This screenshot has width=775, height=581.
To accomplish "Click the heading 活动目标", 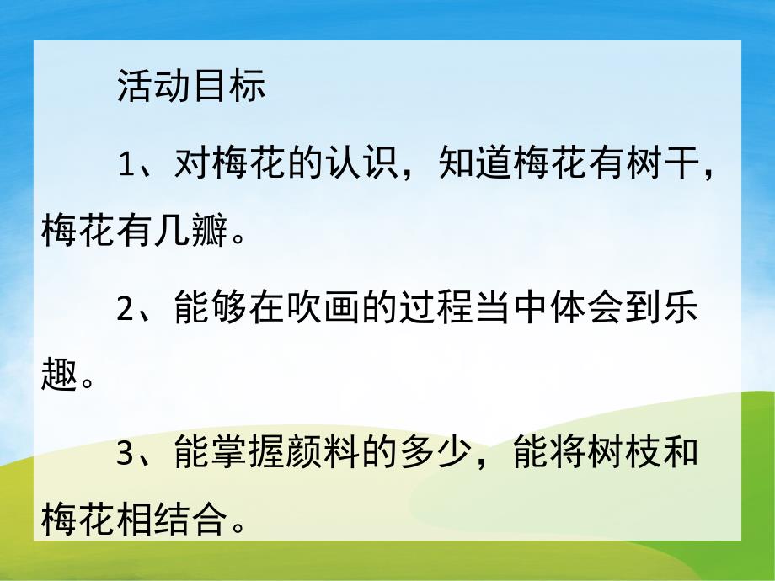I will pyautogui.click(x=191, y=88).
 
